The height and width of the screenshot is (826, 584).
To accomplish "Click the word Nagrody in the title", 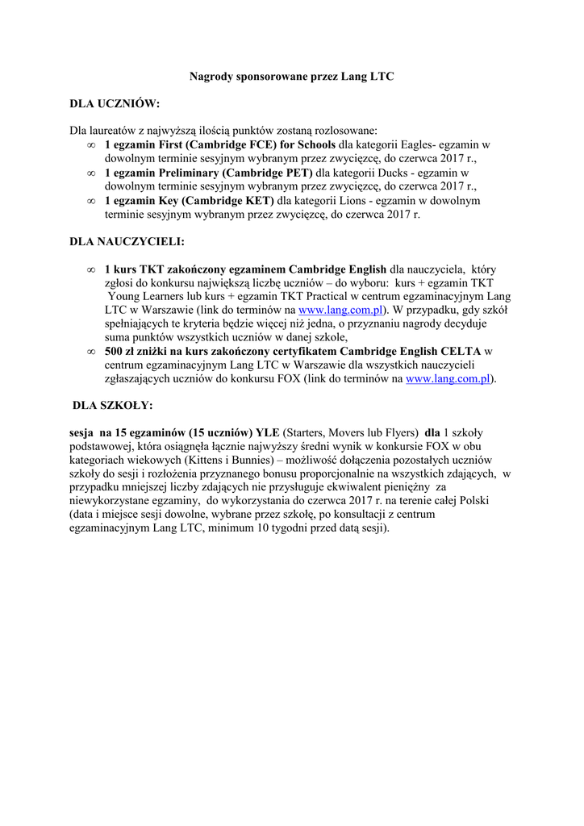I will pyautogui.click(x=210, y=77).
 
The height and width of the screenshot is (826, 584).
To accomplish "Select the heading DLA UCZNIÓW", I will pyautogui.click(x=115, y=104).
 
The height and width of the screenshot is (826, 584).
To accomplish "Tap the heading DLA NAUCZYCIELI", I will pyautogui.click(x=127, y=241).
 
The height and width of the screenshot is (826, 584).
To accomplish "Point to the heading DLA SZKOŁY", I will pyautogui.click(x=112, y=405).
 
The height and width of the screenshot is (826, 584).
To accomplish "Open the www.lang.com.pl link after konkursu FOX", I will pyautogui.click(x=449, y=378).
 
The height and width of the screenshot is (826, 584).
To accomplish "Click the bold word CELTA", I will pyautogui.click(x=464, y=351).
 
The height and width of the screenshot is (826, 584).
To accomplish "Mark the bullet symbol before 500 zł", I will pyautogui.click(x=90, y=352).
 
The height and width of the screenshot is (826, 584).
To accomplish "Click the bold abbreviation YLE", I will pyautogui.click(x=266, y=432).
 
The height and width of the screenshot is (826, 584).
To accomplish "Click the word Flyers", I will pyautogui.click(x=400, y=432).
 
